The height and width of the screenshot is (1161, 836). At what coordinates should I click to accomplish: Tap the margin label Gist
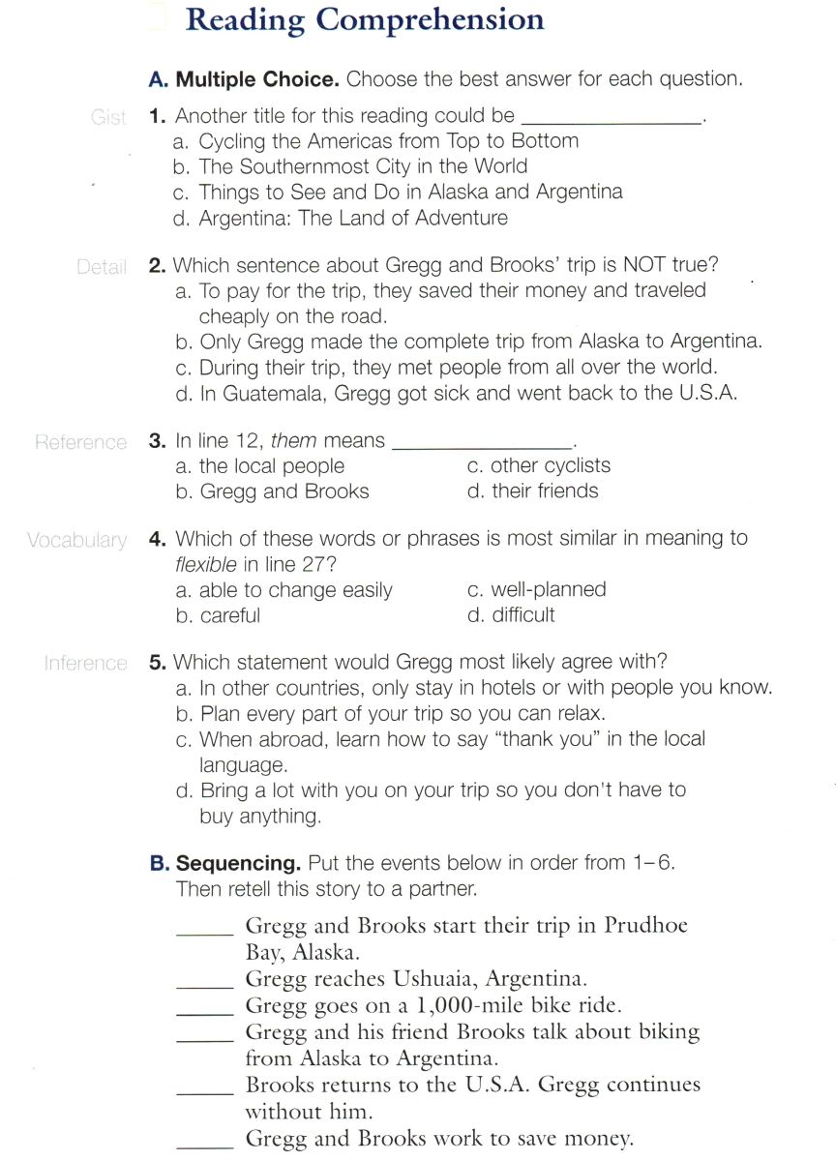point(108,118)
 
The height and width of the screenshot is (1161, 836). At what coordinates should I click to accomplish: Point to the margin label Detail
point(102,267)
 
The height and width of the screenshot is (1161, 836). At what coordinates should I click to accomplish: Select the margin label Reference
point(80,442)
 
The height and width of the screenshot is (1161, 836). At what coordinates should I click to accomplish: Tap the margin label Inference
point(85,664)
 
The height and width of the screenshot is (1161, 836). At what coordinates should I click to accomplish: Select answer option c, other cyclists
point(538,466)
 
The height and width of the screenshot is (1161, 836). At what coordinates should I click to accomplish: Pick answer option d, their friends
point(532,491)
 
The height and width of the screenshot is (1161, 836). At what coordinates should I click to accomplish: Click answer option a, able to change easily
point(284,590)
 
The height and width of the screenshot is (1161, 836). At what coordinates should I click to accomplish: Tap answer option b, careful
point(219,615)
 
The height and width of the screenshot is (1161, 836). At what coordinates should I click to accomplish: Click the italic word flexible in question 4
point(207,564)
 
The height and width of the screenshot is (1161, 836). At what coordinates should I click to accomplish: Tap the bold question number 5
point(158,663)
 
